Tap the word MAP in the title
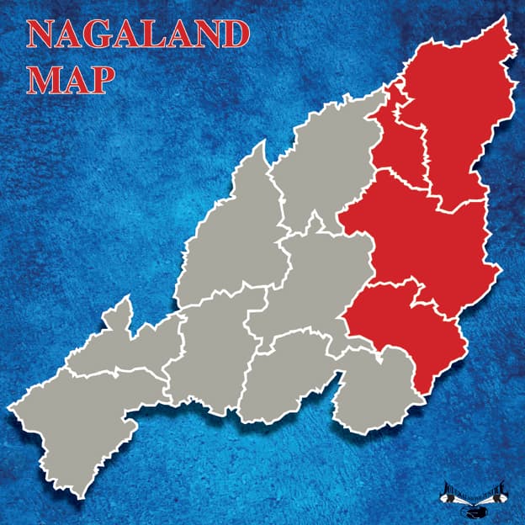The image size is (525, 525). click(70, 78)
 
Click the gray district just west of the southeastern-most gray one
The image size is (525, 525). click(286, 379)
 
